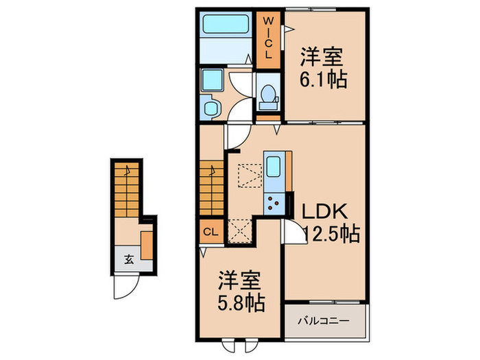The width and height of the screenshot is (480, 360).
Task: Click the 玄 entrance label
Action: coord(129,259)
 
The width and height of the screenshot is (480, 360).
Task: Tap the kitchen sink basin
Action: coord(272,167)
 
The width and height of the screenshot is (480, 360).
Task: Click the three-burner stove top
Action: coord(276,202)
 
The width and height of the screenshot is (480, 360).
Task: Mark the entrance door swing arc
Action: coord(121,288)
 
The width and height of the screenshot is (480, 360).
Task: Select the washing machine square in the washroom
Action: coord(213,80)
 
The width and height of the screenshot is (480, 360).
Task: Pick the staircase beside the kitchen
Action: coord(213,186)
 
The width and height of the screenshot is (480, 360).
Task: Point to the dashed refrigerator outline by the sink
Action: coord(249,176)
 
